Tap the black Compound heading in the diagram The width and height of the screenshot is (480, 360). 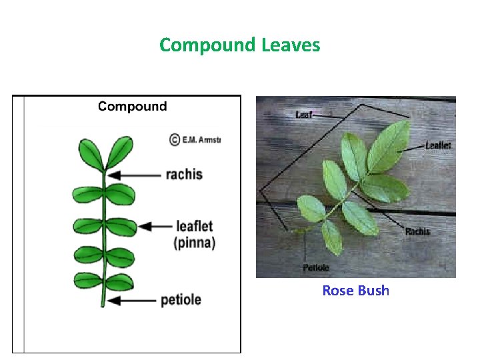click(133, 106)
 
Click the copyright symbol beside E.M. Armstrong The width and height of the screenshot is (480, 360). click(174, 140)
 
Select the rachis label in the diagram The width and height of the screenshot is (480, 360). click(184, 175)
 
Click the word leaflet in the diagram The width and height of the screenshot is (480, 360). click(194, 226)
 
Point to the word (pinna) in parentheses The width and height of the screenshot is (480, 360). click(195, 243)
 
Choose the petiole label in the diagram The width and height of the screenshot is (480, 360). click(181, 299)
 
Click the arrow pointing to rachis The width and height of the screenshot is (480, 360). click(134, 175)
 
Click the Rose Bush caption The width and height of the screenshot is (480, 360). click(355, 290)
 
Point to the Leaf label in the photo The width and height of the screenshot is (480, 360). click(304, 115)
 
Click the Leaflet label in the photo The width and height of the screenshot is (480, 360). click(439, 145)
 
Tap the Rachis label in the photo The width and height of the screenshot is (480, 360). click(418, 231)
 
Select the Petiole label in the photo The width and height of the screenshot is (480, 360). click(316, 267)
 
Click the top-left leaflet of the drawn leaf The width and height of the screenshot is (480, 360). click(91, 155)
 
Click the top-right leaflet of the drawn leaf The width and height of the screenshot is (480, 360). click(119, 152)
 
